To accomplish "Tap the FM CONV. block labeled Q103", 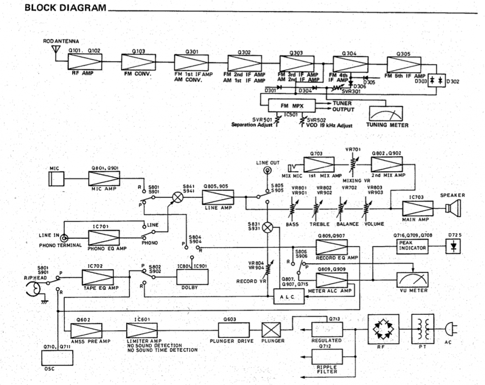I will (137, 62).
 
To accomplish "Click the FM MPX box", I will (291, 105).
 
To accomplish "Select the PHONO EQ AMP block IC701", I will (104, 237).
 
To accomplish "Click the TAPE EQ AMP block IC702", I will (98, 278).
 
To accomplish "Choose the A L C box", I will (286, 298).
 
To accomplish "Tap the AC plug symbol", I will (450, 329).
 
